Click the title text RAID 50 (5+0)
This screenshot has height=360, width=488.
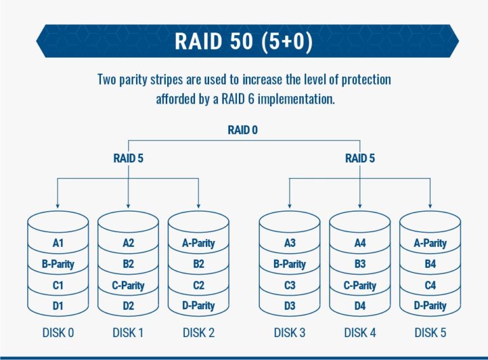pos(244,40)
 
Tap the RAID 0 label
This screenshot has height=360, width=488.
pos(243,130)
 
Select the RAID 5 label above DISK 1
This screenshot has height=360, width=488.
pos(128,158)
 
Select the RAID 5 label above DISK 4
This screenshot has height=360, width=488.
pos(360,158)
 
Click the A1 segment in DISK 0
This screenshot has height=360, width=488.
pos(58,243)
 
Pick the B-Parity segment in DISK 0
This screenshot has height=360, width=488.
pos(58,264)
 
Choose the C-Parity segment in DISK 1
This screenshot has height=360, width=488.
pos(128,286)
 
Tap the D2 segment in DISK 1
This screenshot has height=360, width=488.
pos(128,306)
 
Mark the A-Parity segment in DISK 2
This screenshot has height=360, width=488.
pos(198,243)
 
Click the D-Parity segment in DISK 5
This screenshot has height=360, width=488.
pos(430,306)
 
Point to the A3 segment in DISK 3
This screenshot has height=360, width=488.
pos(290,243)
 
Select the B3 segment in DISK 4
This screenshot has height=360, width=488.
pos(360,264)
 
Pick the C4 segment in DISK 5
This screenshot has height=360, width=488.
pos(430,286)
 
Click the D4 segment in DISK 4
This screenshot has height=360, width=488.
pos(360,306)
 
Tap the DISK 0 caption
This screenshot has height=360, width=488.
pos(58,333)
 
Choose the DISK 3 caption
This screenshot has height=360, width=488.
pos(290,333)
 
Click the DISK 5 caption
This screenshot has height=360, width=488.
pos(430,333)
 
